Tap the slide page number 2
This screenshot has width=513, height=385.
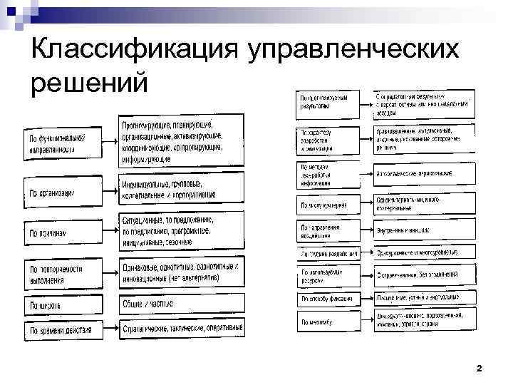coord(479,369)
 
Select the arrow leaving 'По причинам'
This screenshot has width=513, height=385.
coord(107,232)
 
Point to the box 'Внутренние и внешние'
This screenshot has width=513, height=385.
coord(424,230)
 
